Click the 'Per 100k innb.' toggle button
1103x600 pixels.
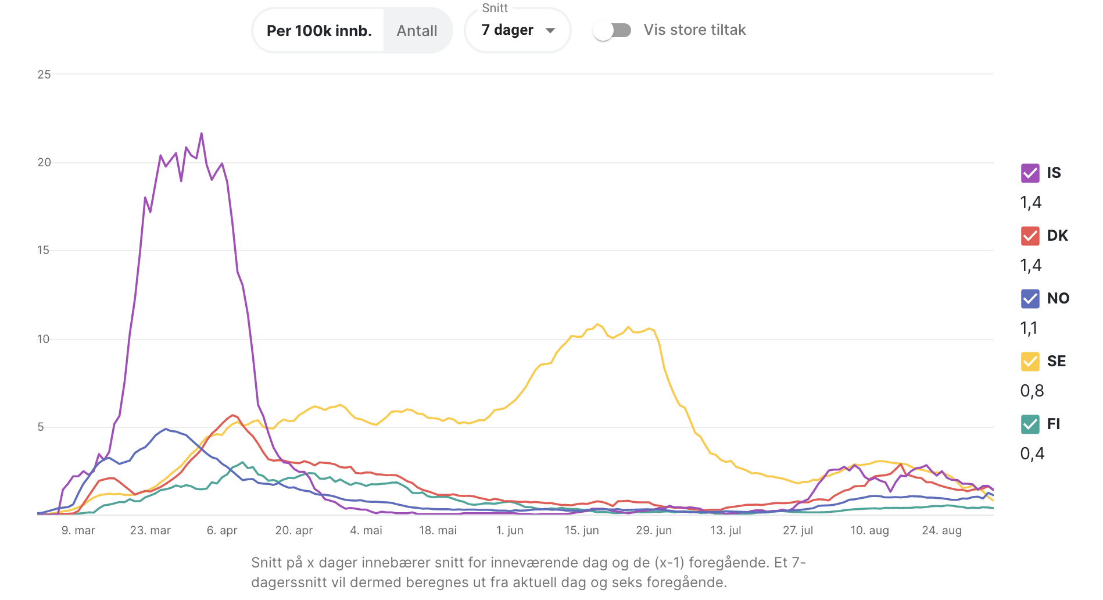(319, 31)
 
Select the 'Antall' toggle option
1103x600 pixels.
(417, 31)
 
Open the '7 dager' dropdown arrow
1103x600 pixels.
(550, 30)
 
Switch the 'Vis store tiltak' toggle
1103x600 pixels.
(612, 30)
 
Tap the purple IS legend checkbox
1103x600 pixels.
(1030, 173)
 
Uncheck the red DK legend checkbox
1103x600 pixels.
(1030, 236)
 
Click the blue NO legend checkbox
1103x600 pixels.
(1030, 299)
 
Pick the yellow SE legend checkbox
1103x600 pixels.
(1030, 362)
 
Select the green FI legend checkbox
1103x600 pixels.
(1030, 424)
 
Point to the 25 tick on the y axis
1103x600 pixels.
(44, 74)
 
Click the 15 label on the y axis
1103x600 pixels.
(44, 251)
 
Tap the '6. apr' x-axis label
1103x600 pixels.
(222, 531)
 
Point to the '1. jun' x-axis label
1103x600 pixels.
(510, 531)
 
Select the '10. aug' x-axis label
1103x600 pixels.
(869, 531)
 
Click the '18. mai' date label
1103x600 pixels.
(438, 531)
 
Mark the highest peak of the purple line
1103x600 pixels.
(202, 134)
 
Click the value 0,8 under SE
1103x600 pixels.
(1032, 391)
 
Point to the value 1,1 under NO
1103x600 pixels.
(1029, 328)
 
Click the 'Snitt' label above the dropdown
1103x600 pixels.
(495, 8)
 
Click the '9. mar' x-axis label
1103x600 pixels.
(78, 531)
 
